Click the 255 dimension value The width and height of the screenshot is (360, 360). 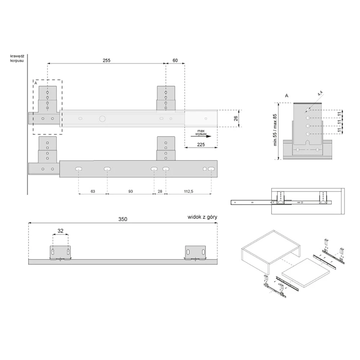point(107,60)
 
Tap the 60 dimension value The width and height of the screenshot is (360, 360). point(175,60)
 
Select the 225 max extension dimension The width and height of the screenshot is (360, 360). point(201,144)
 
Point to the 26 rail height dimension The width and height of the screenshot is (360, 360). point(236,118)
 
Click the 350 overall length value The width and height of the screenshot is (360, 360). point(123,219)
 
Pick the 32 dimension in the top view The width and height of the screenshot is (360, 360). point(60,231)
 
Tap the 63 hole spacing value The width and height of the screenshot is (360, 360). point(93,191)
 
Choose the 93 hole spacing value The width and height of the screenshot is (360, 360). point(131,191)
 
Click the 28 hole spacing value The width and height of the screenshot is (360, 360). point(160,191)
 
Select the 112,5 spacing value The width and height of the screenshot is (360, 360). point(189,191)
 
